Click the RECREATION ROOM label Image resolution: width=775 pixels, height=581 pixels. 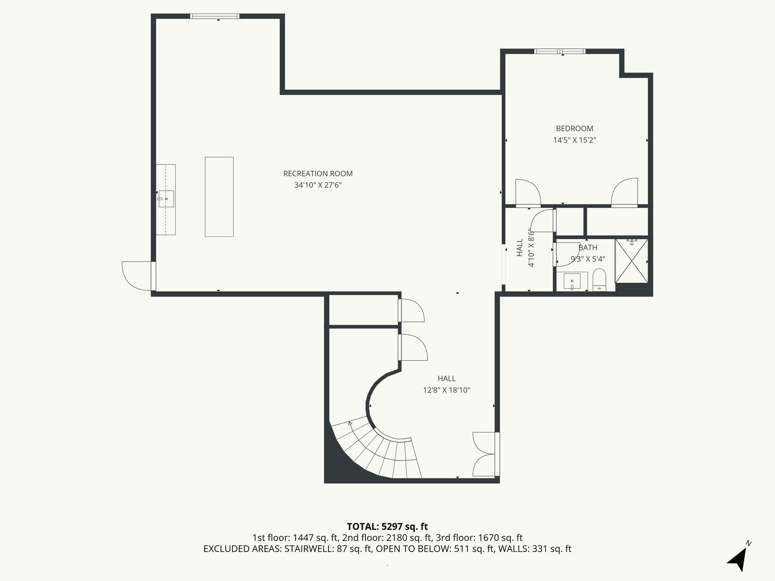pos(318,174)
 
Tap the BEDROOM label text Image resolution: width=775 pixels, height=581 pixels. pos(574,129)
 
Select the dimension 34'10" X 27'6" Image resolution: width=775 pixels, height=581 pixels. pos(318,185)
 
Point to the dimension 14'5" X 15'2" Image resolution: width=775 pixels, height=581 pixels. pos(574,140)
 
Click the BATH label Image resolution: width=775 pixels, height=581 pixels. pos(588,248)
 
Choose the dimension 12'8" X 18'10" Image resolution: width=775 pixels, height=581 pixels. pos(447,390)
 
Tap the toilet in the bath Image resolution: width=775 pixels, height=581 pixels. pos(599,280)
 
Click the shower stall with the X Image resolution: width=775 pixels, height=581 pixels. pos(631,261)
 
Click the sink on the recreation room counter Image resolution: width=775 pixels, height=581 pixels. pos(166,199)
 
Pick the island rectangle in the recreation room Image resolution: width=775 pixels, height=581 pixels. pos(219,197)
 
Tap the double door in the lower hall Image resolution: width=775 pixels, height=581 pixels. pos(484,454)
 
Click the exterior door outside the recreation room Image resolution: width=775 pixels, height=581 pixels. pos(137,275)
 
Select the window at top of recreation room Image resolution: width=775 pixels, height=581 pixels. pos(215,16)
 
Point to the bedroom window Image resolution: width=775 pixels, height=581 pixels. pos(560,51)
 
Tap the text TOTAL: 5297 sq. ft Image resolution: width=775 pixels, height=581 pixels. pos(387,527)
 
